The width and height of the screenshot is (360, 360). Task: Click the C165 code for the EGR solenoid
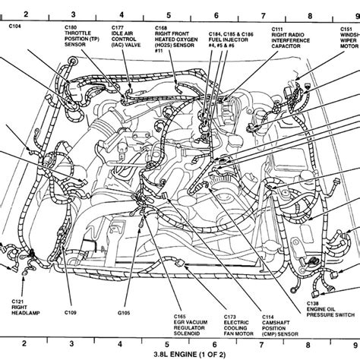[x=181, y=316]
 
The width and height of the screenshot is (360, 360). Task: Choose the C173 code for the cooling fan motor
[x=231, y=316]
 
